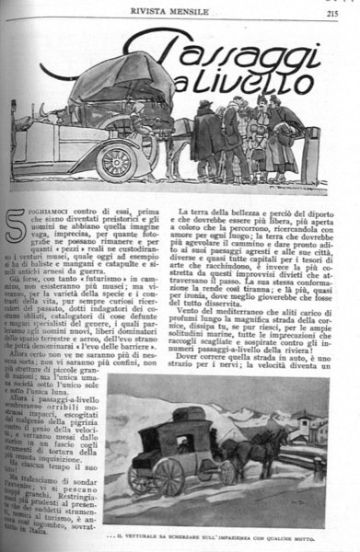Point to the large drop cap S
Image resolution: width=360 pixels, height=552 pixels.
pyautogui.click(x=16, y=225)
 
